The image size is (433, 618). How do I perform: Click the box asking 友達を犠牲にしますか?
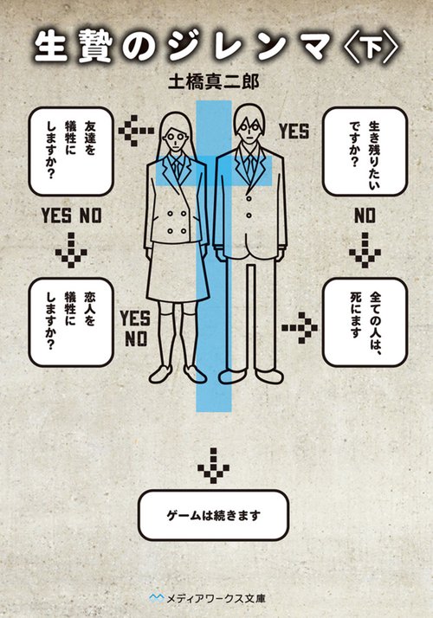71,151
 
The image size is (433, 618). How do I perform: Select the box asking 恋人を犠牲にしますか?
71,322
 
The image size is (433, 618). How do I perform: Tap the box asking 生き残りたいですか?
365,151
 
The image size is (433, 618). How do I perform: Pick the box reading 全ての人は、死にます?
365,322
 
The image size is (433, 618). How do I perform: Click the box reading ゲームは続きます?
213,515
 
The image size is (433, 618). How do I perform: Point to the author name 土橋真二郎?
213,83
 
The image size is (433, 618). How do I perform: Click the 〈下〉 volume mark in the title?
372,48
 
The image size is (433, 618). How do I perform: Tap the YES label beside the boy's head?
294,132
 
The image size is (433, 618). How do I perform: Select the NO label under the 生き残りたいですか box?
365,216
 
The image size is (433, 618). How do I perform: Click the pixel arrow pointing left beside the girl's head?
136,131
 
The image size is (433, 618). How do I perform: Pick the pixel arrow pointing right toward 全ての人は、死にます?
300,327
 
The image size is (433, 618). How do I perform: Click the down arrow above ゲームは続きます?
213,466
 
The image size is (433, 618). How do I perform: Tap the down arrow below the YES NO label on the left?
71,250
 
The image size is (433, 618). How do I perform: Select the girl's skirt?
178,272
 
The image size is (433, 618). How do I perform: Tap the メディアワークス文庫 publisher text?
216,598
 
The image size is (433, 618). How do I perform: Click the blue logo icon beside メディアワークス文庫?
156,598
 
